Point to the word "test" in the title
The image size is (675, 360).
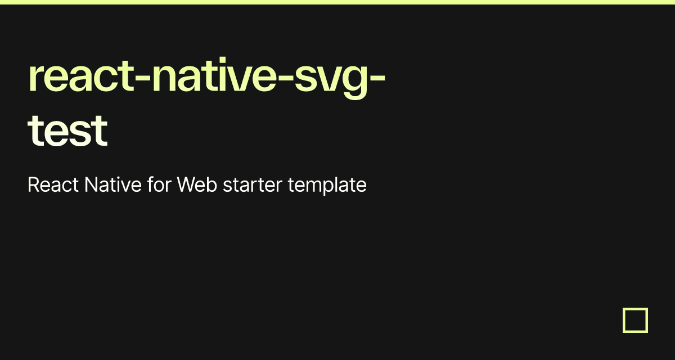tap(67, 131)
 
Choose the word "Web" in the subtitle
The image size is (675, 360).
tap(197, 184)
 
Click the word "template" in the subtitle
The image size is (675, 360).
tap(327, 186)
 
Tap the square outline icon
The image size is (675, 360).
tap(635, 320)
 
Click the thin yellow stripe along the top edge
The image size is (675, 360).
tap(337, 2)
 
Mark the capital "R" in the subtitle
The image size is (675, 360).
tap(33, 184)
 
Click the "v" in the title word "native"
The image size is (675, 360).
tap(240, 79)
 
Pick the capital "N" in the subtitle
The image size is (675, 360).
tap(91, 184)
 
